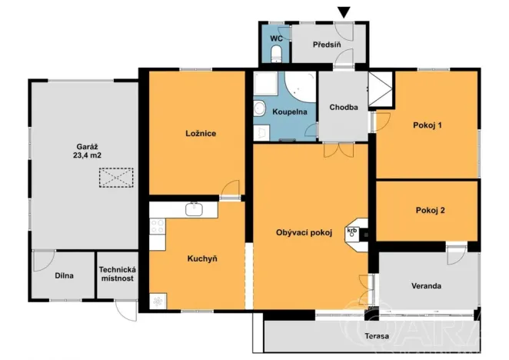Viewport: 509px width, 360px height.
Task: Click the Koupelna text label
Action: [290, 112]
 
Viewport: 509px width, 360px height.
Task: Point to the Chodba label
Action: [344, 107]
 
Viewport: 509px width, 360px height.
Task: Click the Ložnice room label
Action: [200, 133]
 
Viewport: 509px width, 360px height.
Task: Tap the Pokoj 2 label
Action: [430, 210]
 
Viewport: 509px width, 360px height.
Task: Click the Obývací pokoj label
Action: [304, 234]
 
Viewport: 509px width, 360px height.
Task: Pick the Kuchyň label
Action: [202, 258]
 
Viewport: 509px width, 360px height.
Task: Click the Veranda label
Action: [426, 285]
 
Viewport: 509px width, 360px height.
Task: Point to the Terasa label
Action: [377, 338]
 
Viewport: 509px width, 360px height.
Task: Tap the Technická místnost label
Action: [117, 274]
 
